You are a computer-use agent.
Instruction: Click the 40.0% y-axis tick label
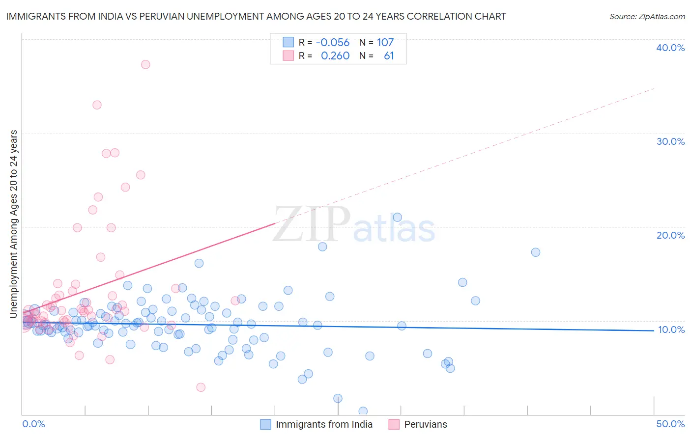(670, 48)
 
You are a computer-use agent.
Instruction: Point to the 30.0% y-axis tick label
(670, 141)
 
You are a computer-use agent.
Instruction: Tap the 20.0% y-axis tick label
(670, 235)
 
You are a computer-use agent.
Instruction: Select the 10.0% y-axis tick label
(671, 329)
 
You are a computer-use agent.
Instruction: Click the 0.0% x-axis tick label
(33, 424)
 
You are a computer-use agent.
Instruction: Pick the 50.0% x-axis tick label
(670, 424)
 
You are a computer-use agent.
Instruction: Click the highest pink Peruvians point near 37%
(145, 64)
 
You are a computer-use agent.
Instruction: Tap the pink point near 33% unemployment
(97, 105)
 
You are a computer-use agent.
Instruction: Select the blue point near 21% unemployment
(398, 217)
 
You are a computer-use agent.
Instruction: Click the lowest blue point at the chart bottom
(363, 411)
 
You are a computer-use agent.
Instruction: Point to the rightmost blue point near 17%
(536, 252)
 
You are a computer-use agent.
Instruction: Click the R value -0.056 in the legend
(333, 42)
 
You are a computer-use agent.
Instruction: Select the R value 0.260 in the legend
(335, 56)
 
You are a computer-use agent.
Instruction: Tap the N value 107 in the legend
(385, 42)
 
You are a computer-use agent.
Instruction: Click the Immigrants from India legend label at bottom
(324, 424)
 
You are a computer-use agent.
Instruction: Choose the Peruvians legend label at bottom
(426, 424)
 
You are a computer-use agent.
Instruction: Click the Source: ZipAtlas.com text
(647, 17)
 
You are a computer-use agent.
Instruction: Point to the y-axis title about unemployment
(14, 224)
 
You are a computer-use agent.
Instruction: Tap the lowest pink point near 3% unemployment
(201, 387)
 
